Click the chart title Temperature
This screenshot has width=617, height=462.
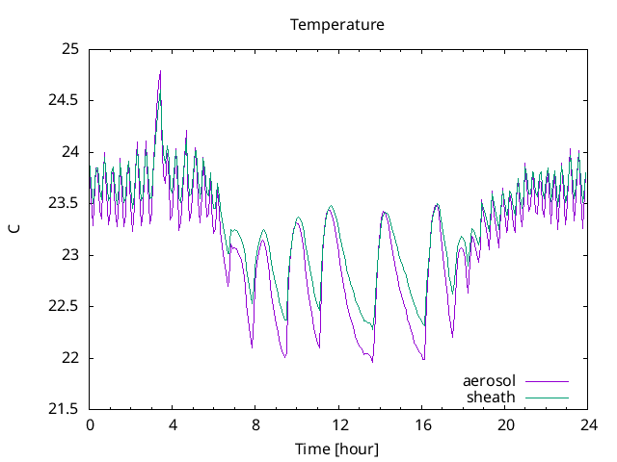[x=337, y=24]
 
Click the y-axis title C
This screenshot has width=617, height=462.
[x=13, y=229]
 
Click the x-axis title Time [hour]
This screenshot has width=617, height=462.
[x=337, y=449]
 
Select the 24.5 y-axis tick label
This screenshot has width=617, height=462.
[x=65, y=100]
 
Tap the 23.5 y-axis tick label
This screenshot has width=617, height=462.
[x=65, y=203]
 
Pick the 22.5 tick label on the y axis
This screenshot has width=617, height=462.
[x=65, y=306]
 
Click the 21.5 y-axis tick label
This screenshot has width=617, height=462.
[x=65, y=410]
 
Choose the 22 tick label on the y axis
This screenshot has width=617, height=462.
[x=71, y=358]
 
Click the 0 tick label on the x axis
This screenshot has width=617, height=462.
[x=90, y=424]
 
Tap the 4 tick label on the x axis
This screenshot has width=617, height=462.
[x=173, y=424]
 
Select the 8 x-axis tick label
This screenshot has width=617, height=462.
[x=255, y=424]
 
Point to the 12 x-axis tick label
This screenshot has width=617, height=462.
[x=338, y=424]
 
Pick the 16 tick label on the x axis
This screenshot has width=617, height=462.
[x=421, y=424]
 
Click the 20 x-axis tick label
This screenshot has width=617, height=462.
[x=505, y=424]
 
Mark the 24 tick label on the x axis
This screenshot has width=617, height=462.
[x=588, y=424]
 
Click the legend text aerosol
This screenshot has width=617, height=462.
[x=490, y=380]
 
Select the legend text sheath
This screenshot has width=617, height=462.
[x=492, y=397]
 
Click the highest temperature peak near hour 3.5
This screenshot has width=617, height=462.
[x=160, y=71]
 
